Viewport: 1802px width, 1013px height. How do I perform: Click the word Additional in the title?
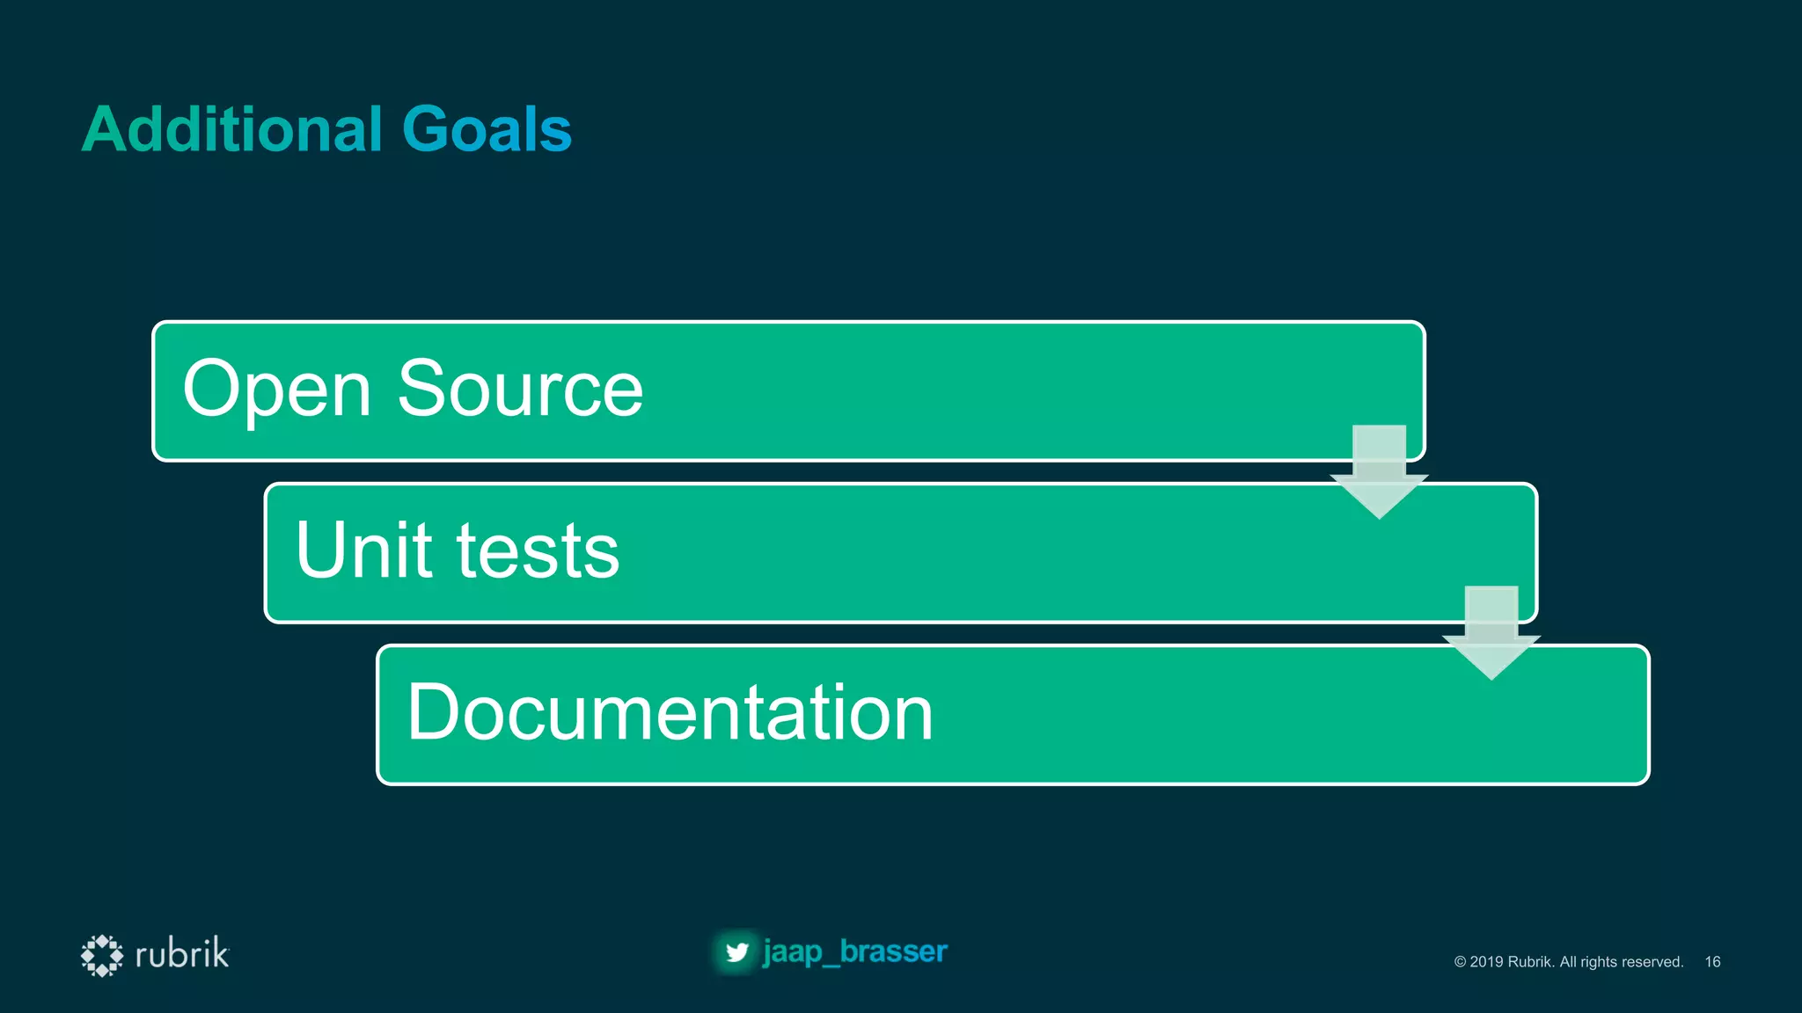[232, 129]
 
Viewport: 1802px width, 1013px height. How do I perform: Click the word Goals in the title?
[487, 129]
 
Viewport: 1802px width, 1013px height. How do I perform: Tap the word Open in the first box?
[276, 390]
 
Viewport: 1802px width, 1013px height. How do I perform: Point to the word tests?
[538, 551]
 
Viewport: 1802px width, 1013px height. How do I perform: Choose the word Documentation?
[670, 712]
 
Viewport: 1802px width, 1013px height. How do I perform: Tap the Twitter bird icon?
[736, 952]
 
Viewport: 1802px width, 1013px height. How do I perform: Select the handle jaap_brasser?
[855, 951]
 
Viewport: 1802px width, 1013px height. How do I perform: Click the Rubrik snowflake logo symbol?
[102, 955]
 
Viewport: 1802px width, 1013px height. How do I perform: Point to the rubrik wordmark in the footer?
[182, 954]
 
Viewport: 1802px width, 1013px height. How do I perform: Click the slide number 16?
[1712, 962]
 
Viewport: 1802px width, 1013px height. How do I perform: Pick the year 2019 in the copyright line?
[1487, 962]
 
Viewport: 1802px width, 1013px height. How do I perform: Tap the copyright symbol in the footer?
[1460, 962]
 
